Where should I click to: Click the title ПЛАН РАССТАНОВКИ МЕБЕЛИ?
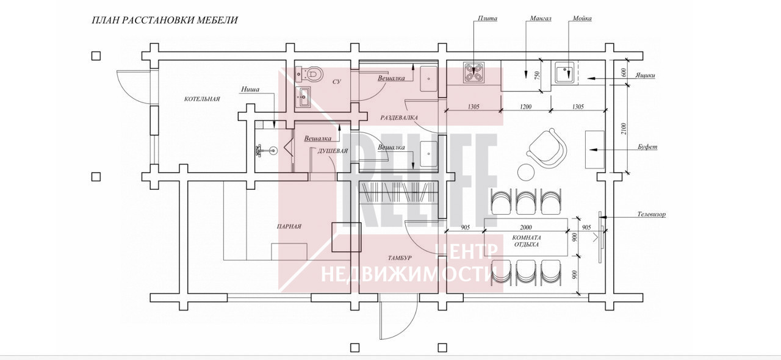coord(165,20)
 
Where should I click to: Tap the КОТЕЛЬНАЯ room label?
coord(202,99)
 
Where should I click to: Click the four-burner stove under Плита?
coord(474,73)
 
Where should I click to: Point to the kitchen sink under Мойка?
coord(564,73)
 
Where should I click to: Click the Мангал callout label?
coord(541,18)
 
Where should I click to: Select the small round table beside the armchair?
coord(526,172)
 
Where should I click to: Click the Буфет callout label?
coord(647,147)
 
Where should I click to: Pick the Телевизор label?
coord(651,215)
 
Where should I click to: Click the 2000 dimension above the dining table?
coord(526,228)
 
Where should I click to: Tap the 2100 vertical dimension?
coord(624,129)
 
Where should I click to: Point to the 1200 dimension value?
coord(526,107)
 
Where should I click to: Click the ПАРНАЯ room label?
coord(289,227)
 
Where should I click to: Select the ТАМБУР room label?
coord(400,258)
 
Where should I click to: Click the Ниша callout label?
coord(250,89)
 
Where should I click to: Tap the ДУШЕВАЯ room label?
coord(333,151)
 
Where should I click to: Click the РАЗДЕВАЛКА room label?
coord(399,118)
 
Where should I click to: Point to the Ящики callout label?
coord(645,75)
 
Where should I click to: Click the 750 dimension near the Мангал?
coord(537,75)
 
